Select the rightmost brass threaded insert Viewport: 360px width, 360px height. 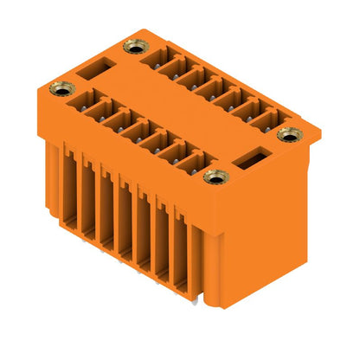tap(288, 134)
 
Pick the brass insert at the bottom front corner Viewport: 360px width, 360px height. tap(212, 177)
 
